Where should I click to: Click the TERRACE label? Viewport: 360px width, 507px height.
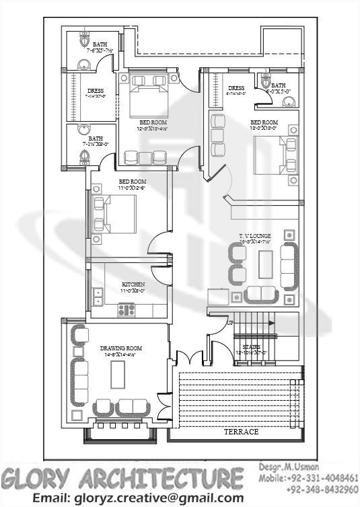tap(241, 432)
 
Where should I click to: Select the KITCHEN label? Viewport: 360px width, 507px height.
tap(133, 284)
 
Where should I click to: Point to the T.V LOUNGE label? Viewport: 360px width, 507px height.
tap(254, 235)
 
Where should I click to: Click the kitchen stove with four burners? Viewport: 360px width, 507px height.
tap(127, 310)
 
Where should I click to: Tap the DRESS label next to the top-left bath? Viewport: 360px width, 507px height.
tap(95, 91)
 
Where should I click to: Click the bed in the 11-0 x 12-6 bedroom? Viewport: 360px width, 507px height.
tap(116, 213)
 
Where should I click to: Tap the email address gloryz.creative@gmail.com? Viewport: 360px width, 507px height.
tap(138, 498)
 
